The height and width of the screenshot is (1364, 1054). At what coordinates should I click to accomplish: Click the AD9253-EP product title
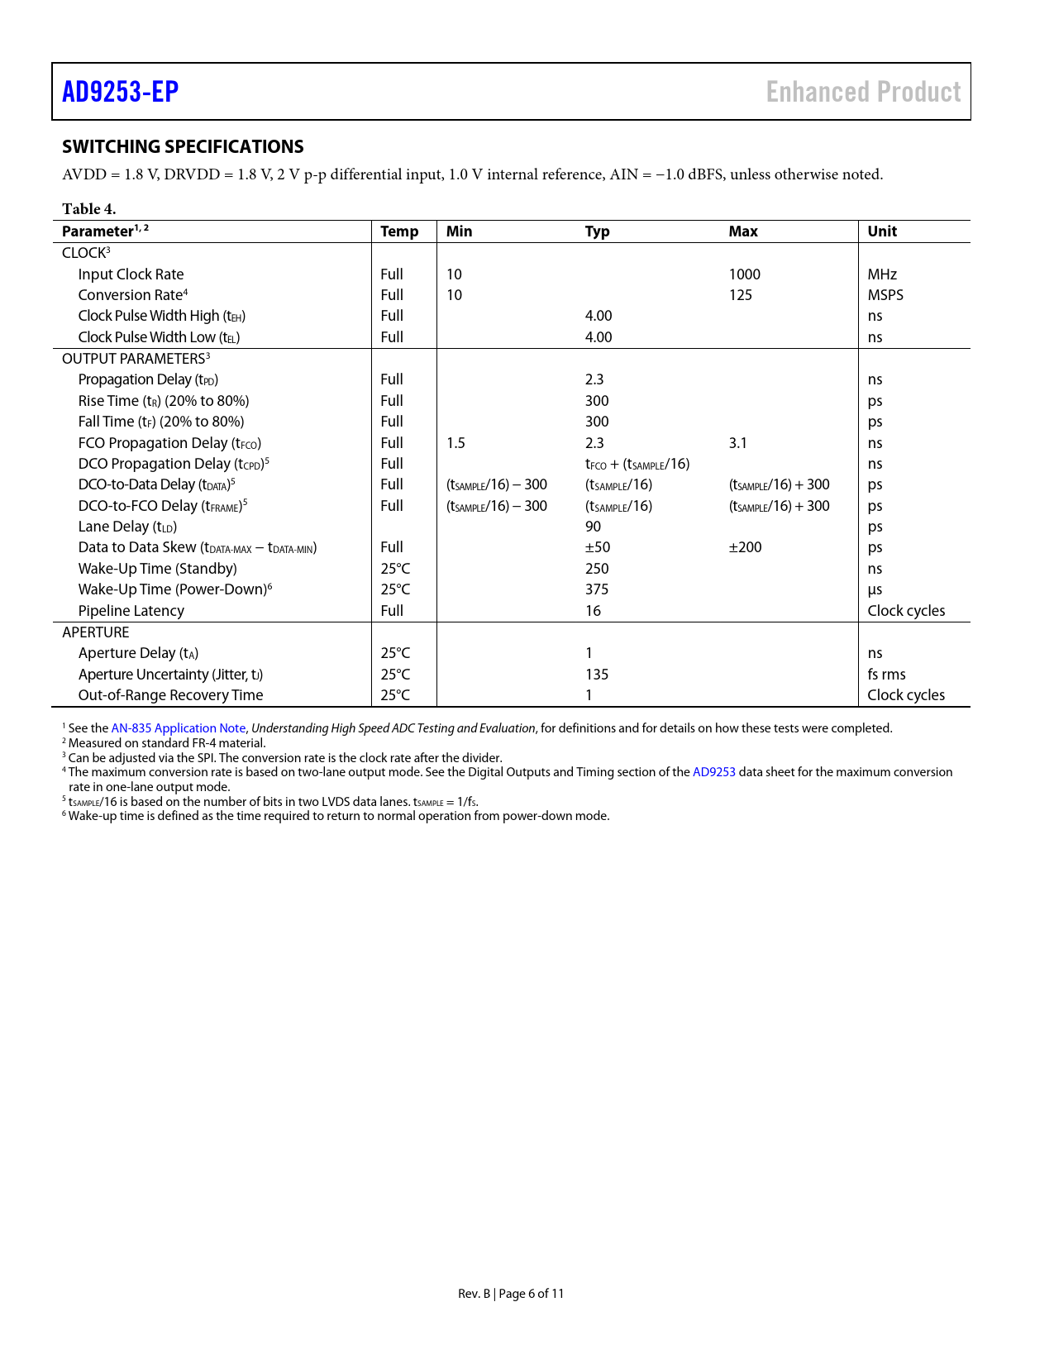[x=121, y=92]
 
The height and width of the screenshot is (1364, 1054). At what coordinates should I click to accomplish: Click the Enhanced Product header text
[x=863, y=92]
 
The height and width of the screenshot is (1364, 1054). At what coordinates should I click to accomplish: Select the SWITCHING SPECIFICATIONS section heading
[x=183, y=147]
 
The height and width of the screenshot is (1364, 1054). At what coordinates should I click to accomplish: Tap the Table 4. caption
[x=88, y=209]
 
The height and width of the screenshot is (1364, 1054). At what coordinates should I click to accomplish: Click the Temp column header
[x=399, y=231]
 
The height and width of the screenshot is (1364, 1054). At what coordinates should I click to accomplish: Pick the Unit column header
[x=882, y=231]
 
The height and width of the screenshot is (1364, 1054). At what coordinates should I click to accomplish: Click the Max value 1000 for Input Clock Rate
[x=744, y=274]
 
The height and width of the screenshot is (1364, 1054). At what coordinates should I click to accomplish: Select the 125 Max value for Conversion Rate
[x=740, y=295]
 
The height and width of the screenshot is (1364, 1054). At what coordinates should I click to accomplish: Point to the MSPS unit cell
[x=885, y=295]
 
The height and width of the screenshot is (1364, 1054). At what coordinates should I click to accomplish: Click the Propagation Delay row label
[x=148, y=379]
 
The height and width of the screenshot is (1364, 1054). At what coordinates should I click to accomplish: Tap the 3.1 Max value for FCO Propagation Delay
[x=737, y=443]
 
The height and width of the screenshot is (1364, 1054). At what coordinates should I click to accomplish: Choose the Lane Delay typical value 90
[x=593, y=527]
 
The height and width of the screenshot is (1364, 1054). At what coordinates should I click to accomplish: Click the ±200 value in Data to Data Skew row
[x=745, y=547]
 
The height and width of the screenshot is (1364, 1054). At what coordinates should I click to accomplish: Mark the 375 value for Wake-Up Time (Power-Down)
[x=596, y=589]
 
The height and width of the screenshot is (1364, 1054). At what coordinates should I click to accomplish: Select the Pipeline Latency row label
[x=131, y=611]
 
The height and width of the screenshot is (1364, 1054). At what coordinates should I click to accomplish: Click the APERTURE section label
[x=95, y=632]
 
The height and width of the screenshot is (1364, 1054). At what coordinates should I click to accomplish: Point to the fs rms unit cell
[x=886, y=675]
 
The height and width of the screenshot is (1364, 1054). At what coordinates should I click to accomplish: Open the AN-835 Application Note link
[x=178, y=728]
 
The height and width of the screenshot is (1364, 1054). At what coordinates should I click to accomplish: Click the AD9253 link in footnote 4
[x=713, y=772]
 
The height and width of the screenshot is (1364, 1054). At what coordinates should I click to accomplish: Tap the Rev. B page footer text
[x=511, y=1294]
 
